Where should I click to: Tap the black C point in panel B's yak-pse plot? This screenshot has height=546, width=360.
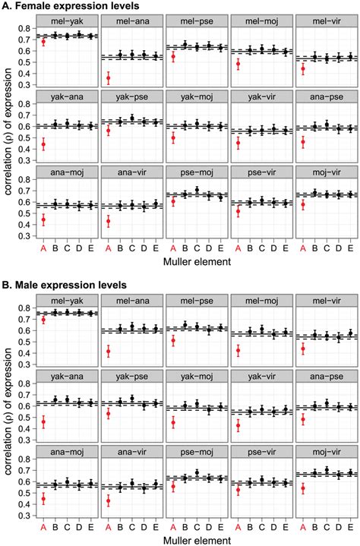(132, 399)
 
